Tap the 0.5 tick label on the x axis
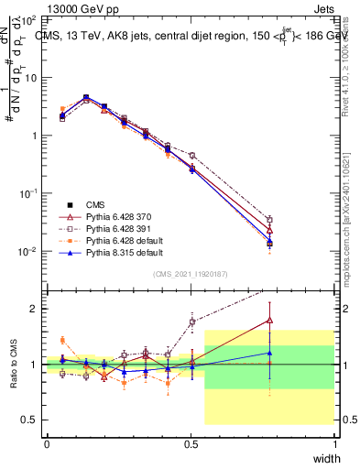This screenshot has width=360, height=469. (191, 443)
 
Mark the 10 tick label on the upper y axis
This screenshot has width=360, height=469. (29, 77)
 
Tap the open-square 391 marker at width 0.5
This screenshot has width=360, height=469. (191, 156)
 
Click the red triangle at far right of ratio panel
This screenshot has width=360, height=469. (269, 320)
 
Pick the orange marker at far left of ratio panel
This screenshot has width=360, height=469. (62, 340)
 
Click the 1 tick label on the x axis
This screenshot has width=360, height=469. (334, 443)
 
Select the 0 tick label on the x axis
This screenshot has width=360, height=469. (47, 443)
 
